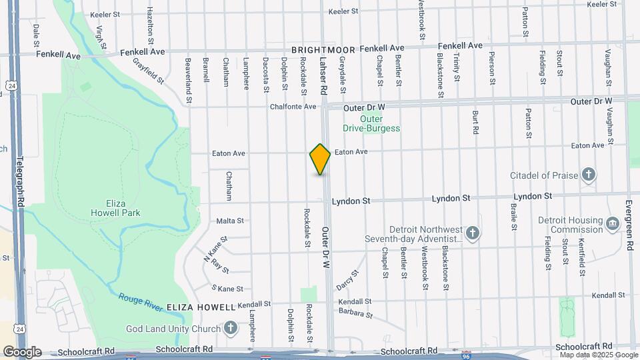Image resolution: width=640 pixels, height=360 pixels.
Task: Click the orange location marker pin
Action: click(x=321, y=159)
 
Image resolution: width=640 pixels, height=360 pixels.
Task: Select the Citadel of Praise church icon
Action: click(x=588, y=175)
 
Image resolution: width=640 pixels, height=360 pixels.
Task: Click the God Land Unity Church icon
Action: click(x=230, y=328)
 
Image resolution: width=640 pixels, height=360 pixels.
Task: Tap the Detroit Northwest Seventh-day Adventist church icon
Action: click(x=472, y=233)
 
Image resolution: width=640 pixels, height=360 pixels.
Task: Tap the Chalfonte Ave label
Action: click(x=293, y=106)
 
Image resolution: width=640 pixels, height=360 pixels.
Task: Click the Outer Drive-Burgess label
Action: click(x=371, y=123)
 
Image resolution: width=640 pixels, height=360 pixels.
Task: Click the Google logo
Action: click(x=22, y=352)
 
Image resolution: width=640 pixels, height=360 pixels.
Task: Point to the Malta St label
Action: click(x=229, y=221)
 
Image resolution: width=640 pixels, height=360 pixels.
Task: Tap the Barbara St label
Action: click(x=355, y=313)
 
